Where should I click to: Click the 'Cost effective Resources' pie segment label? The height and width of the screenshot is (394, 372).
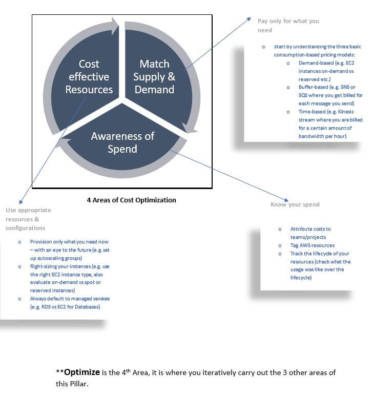click(x=89, y=77)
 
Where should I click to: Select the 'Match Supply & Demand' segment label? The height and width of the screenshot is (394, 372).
click(x=154, y=77)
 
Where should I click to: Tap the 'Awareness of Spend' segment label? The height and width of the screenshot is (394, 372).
click(x=122, y=142)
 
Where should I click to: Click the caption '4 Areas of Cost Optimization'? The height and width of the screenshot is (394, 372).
click(x=131, y=200)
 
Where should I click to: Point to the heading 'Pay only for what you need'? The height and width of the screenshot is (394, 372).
click(x=288, y=25)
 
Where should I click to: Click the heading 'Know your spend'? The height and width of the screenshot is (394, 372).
click(x=295, y=204)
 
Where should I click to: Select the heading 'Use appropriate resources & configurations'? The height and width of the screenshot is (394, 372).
click(x=28, y=219)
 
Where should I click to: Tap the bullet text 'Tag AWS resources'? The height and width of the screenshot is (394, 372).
click(x=312, y=245)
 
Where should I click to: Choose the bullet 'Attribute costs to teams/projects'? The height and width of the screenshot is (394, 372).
click(x=310, y=233)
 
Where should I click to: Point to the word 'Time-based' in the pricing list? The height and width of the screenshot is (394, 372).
click(x=313, y=112)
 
